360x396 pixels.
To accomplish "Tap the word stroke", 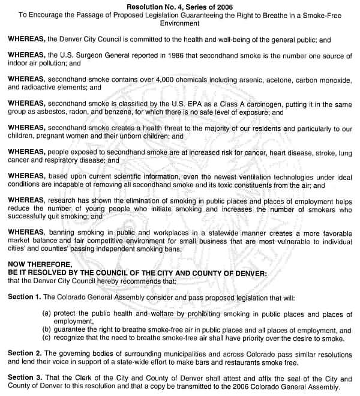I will coord(311,153).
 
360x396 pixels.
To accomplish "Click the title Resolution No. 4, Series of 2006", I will coord(180,6).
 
